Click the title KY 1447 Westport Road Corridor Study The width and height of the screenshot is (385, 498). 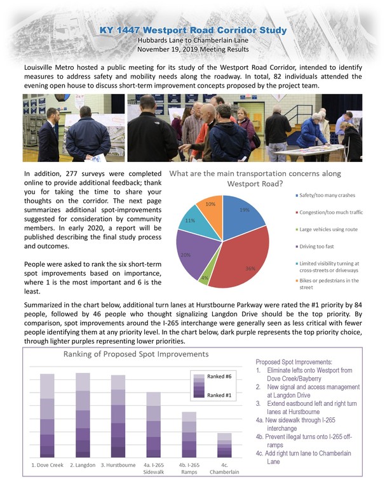192,30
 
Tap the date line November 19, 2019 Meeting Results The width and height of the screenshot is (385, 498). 192,49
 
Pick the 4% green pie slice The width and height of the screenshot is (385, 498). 204,275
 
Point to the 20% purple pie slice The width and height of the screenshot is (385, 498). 189,251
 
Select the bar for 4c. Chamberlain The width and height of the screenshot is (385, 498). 224,445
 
